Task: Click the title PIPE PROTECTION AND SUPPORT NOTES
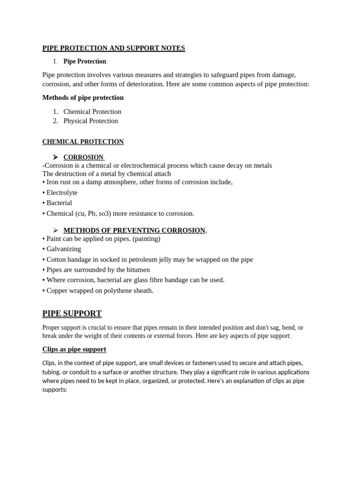[x=113, y=48]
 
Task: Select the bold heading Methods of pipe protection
[x=83, y=97]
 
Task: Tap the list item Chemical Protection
[x=92, y=112]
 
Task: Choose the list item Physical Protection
[x=91, y=121]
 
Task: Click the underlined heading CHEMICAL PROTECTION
[x=83, y=142]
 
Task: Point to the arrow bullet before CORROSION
[x=55, y=157]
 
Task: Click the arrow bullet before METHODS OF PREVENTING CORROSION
[x=55, y=230]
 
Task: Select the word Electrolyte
[x=62, y=193]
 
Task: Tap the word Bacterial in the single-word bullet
[x=59, y=203]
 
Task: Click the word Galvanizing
[x=64, y=249]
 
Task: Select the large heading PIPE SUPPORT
[x=72, y=314]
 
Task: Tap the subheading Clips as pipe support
[x=74, y=349]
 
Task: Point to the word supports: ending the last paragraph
[x=55, y=390]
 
